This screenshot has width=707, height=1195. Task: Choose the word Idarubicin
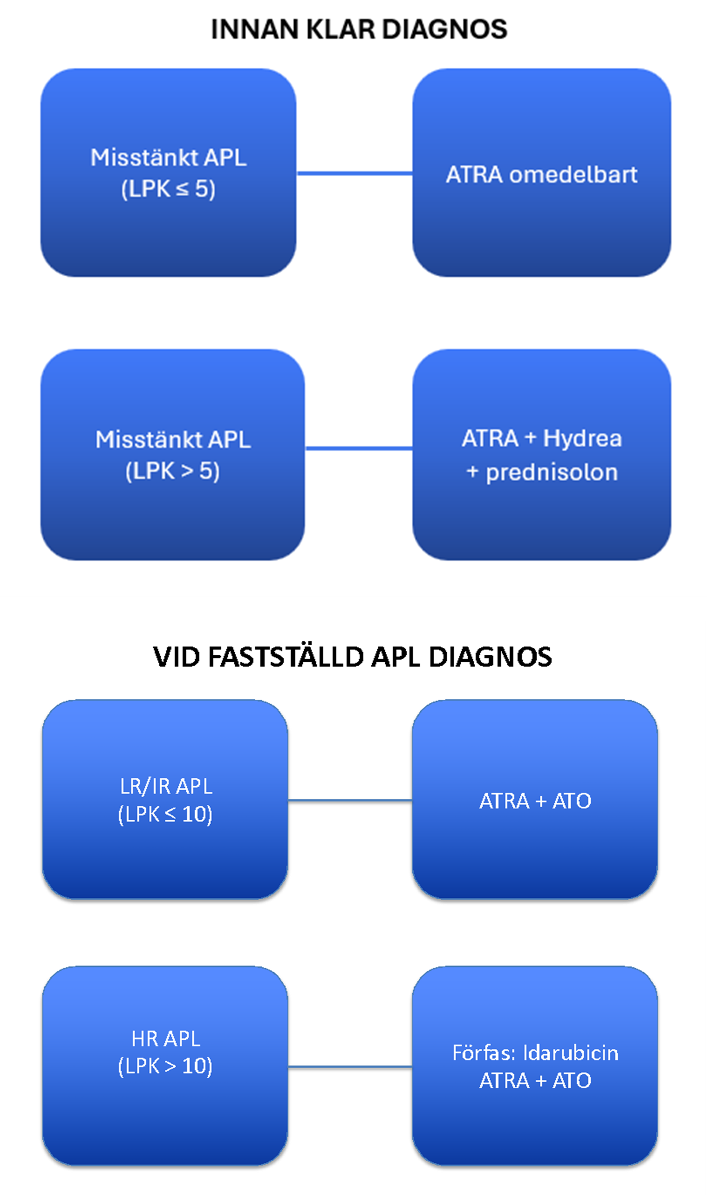point(571,1053)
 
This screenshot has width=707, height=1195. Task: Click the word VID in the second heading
point(176,657)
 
